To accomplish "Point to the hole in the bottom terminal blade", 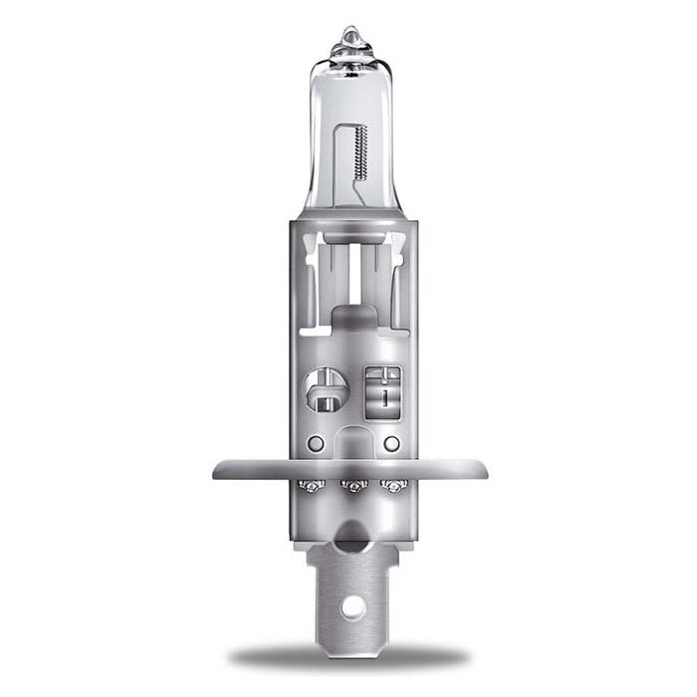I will coord(348,604).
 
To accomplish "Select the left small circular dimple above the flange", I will coord(316,442).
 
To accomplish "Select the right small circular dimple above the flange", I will coord(391,442).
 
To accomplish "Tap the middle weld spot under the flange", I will coord(349,485).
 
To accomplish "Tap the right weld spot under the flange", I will coord(391,485).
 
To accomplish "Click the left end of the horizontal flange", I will coord(217,469).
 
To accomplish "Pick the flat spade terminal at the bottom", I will coord(348,587).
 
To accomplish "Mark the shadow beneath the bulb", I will coord(348,657).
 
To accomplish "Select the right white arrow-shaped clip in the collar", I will coord(396,241).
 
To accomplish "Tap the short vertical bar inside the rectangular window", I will coord(383,395).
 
